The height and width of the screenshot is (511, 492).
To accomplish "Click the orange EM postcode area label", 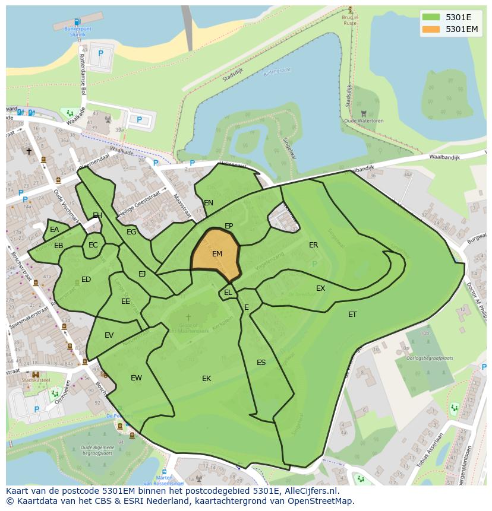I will click(x=217, y=254).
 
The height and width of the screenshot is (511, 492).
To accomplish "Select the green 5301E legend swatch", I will click(x=431, y=17).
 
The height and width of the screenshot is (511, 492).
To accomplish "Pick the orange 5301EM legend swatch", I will click(x=431, y=29).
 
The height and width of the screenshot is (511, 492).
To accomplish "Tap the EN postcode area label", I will click(x=209, y=203).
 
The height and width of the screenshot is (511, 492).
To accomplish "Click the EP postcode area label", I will click(x=229, y=226).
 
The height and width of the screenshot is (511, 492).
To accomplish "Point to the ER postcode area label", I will click(x=313, y=245).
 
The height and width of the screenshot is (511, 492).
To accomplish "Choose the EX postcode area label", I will click(x=320, y=288).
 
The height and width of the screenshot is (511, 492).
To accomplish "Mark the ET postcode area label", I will click(x=352, y=315).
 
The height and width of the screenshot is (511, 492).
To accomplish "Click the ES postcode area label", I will click(x=261, y=363).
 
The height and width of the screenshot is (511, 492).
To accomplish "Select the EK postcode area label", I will click(x=206, y=379).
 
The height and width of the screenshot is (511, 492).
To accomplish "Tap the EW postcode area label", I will click(x=136, y=378).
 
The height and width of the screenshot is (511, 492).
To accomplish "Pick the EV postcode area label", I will click(x=109, y=335).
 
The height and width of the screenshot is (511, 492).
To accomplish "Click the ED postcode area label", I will click(x=86, y=280).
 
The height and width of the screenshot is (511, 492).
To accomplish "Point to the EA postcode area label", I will click(x=55, y=230).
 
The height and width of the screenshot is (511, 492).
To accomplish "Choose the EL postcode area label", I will click(x=228, y=293).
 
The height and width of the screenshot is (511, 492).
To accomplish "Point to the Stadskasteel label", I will click(x=36, y=380).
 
